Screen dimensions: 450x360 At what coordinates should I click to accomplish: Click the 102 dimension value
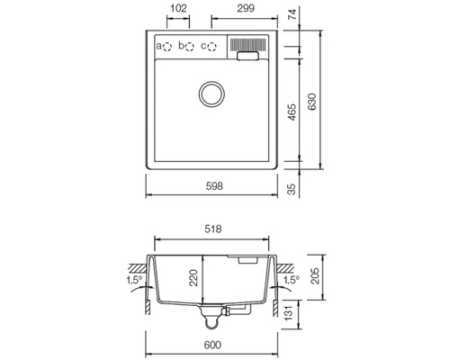[178, 8]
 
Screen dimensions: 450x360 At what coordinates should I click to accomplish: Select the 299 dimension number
[246, 8]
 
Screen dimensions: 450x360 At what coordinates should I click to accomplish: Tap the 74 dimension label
[292, 14]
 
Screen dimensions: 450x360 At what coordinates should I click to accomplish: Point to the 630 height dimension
[312, 102]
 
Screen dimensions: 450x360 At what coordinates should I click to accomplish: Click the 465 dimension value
[292, 112]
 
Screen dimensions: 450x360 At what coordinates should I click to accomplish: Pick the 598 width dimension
[214, 186]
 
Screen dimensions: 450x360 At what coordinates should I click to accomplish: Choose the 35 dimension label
[292, 189]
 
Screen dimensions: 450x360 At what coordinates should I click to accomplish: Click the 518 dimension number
[213, 229]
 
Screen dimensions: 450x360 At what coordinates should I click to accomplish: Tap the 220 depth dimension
[194, 278]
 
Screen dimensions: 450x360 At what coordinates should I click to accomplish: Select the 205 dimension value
[315, 276]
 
